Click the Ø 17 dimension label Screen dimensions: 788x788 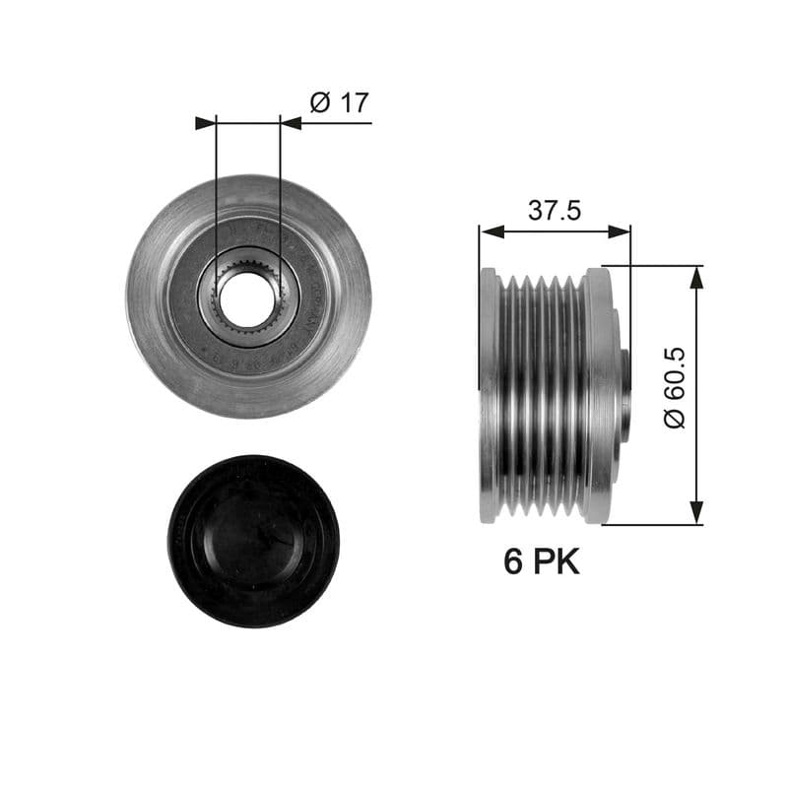click(x=339, y=102)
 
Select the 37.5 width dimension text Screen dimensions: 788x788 click(x=555, y=210)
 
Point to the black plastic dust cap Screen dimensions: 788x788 click(x=253, y=541)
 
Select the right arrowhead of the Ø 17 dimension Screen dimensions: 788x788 click(x=290, y=123)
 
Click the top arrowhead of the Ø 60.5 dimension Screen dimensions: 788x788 click(x=696, y=278)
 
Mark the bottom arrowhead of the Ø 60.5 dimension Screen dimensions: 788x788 click(x=696, y=512)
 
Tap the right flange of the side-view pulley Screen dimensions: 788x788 click(x=598, y=394)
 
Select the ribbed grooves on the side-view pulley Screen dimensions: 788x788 click(x=541, y=394)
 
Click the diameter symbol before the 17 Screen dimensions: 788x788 click(x=319, y=102)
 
